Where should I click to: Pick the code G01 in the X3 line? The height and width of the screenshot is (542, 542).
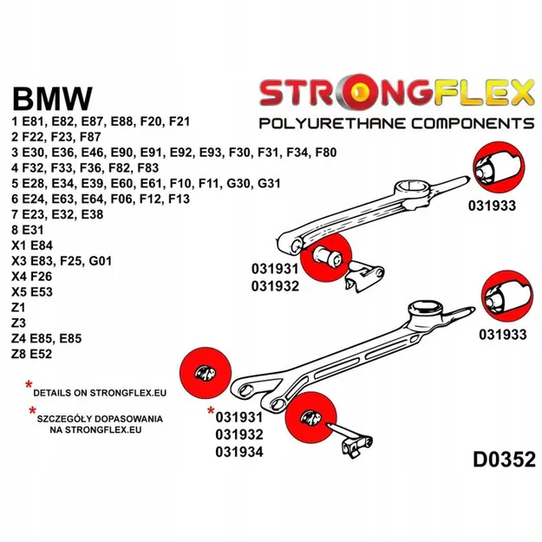click(124, 261)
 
